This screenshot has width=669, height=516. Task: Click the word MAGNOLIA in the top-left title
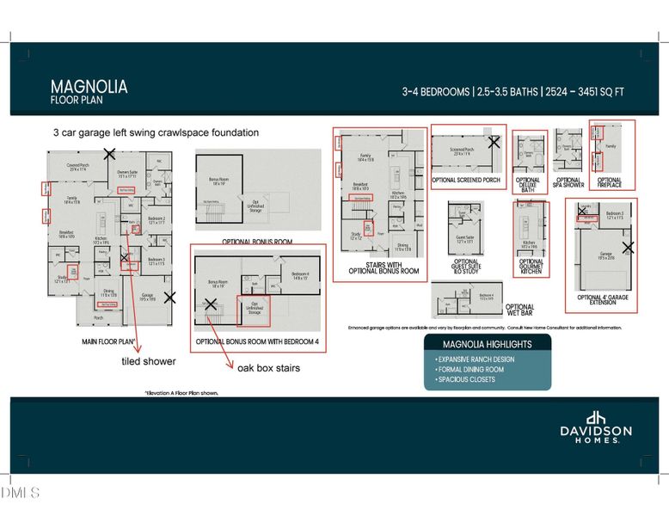tap(89, 86)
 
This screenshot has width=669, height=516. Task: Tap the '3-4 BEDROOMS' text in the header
tap(436, 91)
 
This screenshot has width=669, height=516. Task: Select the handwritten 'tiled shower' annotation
tap(149, 362)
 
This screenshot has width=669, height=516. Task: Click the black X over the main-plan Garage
tap(169, 298)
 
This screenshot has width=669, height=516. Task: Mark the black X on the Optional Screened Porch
tap(494, 142)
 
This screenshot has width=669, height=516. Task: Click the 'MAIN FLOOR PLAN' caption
tap(107, 341)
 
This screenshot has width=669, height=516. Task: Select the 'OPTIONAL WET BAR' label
tap(519, 310)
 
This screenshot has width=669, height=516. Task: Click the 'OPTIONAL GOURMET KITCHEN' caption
tap(531, 267)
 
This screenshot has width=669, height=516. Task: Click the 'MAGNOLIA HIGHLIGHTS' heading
tap(487, 344)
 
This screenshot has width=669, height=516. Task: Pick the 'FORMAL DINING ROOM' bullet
tap(470, 369)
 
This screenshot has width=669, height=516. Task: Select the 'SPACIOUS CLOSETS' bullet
tap(466, 379)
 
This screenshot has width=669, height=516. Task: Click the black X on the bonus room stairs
tap(210, 304)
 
